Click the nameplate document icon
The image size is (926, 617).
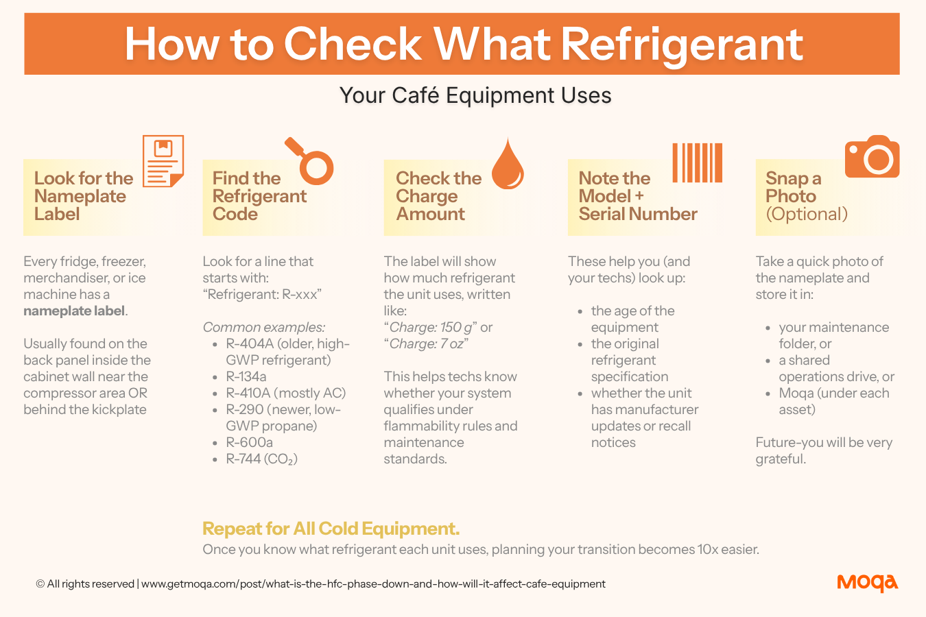tap(163, 161)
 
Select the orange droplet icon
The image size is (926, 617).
tap(508, 164)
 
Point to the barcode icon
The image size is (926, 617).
tap(697, 163)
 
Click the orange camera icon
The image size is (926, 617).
tap(872, 156)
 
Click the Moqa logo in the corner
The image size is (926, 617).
tap(867, 583)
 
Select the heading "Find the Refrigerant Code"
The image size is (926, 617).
tap(259, 196)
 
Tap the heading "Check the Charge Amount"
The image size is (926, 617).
tap(438, 196)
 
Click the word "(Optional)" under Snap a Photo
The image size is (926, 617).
tap(807, 214)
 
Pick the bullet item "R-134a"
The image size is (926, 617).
tap(246, 376)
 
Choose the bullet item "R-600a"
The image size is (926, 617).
tap(249, 442)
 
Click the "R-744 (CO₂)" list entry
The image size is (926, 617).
tap(261, 459)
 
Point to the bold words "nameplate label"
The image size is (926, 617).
tap(74, 311)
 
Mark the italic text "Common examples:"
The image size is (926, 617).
tap(264, 327)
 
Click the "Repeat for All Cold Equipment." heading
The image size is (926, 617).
tap(331, 529)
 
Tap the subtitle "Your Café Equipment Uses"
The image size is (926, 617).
tap(475, 95)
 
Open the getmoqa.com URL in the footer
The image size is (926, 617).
tap(373, 584)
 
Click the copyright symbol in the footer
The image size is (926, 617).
tap(40, 584)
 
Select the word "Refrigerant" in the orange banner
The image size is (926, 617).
tap(682, 45)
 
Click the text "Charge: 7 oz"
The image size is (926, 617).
tap(426, 344)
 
